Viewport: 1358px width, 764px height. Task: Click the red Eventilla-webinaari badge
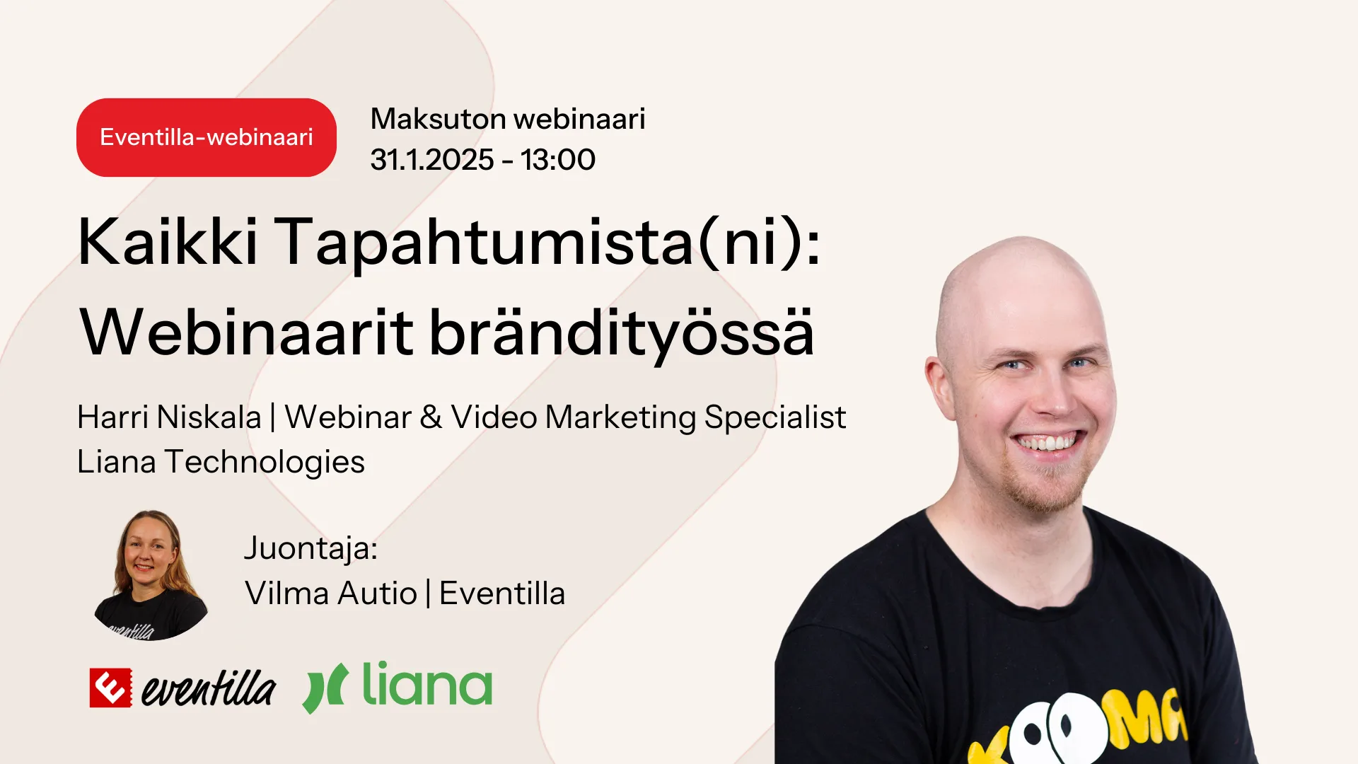pos(207,137)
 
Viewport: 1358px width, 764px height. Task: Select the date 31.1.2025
pos(432,160)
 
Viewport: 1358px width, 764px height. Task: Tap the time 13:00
pos(558,160)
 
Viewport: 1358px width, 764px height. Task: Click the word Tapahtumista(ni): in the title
pos(547,243)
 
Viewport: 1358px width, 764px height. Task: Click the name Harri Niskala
pos(170,417)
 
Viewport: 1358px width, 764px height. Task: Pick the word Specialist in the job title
pos(775,418)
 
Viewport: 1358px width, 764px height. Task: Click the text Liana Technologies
pos(221,462)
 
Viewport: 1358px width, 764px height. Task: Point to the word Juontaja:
pos(311,549)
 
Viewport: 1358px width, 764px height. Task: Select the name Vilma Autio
pos(331,594)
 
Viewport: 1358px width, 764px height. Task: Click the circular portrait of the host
pos(151,575)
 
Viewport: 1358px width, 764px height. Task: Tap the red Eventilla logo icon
pos(110,688)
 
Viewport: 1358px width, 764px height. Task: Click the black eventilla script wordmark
pos(208,688)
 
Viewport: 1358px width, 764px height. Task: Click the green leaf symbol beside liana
pos(325,688)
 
